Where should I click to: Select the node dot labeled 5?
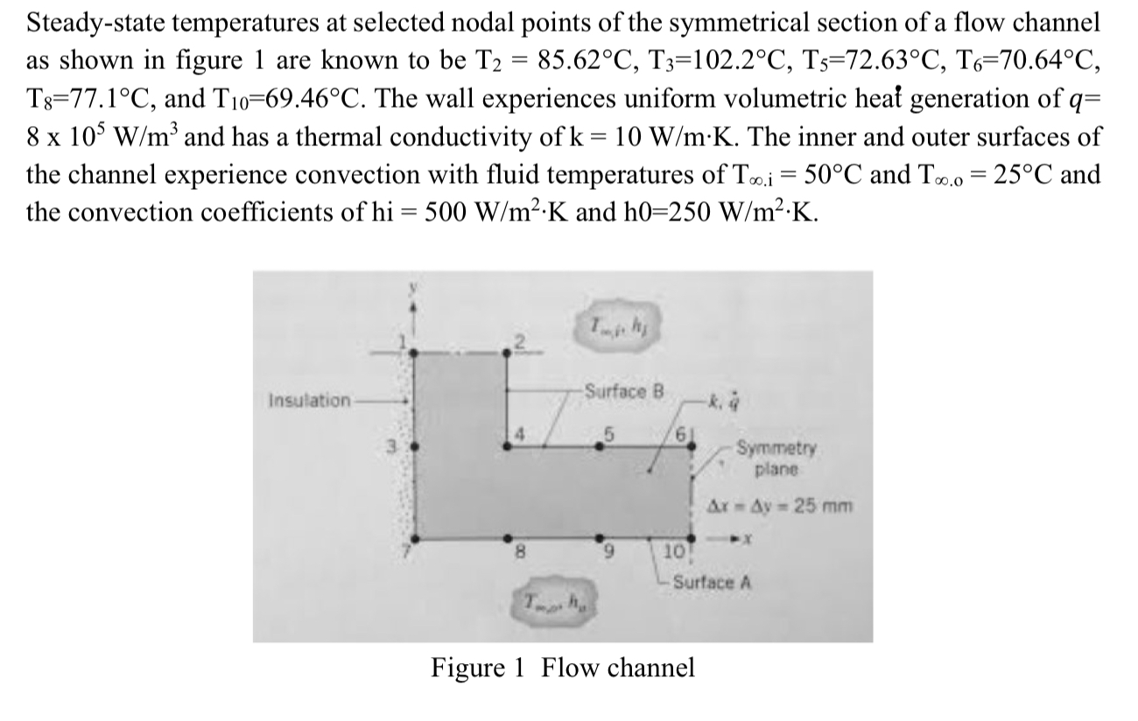600,444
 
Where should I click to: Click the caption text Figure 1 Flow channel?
563,668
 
